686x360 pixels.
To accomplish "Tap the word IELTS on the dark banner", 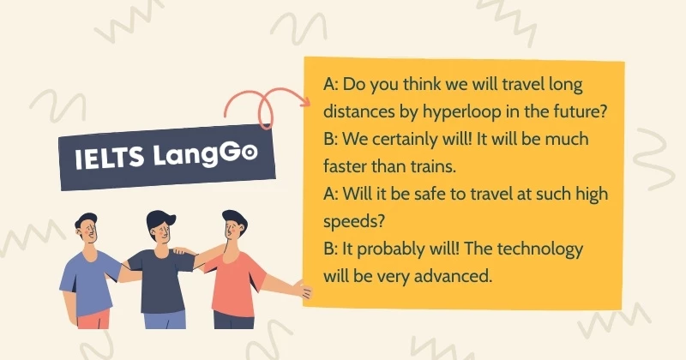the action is pyautogui.click(x=110, y=158).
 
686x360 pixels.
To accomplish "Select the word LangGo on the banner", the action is pyautogui.click(x=205, y=154).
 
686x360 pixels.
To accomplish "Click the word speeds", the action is pyautogui.click(x=353, y=222).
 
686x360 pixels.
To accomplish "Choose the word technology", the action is pyautogui.click(x=540, y=249).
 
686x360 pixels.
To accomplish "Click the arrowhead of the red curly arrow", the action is pyautogui.click(x=304, y=103).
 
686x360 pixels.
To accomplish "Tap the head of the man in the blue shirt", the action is pyautogui.click(x=87, y=228).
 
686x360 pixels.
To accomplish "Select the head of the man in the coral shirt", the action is pyautogui.click(x=234, y=225).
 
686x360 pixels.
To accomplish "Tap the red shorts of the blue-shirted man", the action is pyautogui.click(x=93, y=320).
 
